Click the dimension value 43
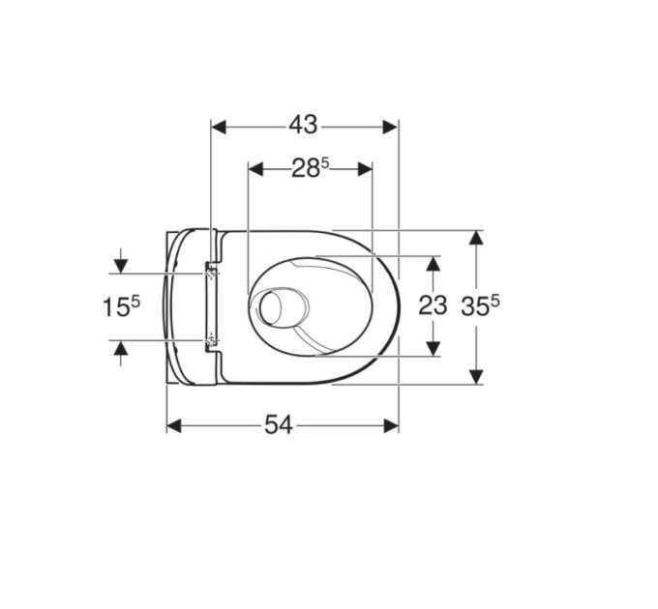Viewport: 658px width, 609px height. pos(303,125)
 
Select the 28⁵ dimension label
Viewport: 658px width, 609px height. pos(311,168)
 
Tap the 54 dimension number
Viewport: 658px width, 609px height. pos(279,425)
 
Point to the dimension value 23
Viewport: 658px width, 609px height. pos(433,305)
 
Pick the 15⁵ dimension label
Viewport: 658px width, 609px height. pos(121,306)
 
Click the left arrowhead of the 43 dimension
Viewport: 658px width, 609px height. pos(219,127)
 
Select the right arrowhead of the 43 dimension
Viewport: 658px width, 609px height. pos(390,127)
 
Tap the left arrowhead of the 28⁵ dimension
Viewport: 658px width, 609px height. pos(255,169)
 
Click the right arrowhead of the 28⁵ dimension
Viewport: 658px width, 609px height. pos(365,169)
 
